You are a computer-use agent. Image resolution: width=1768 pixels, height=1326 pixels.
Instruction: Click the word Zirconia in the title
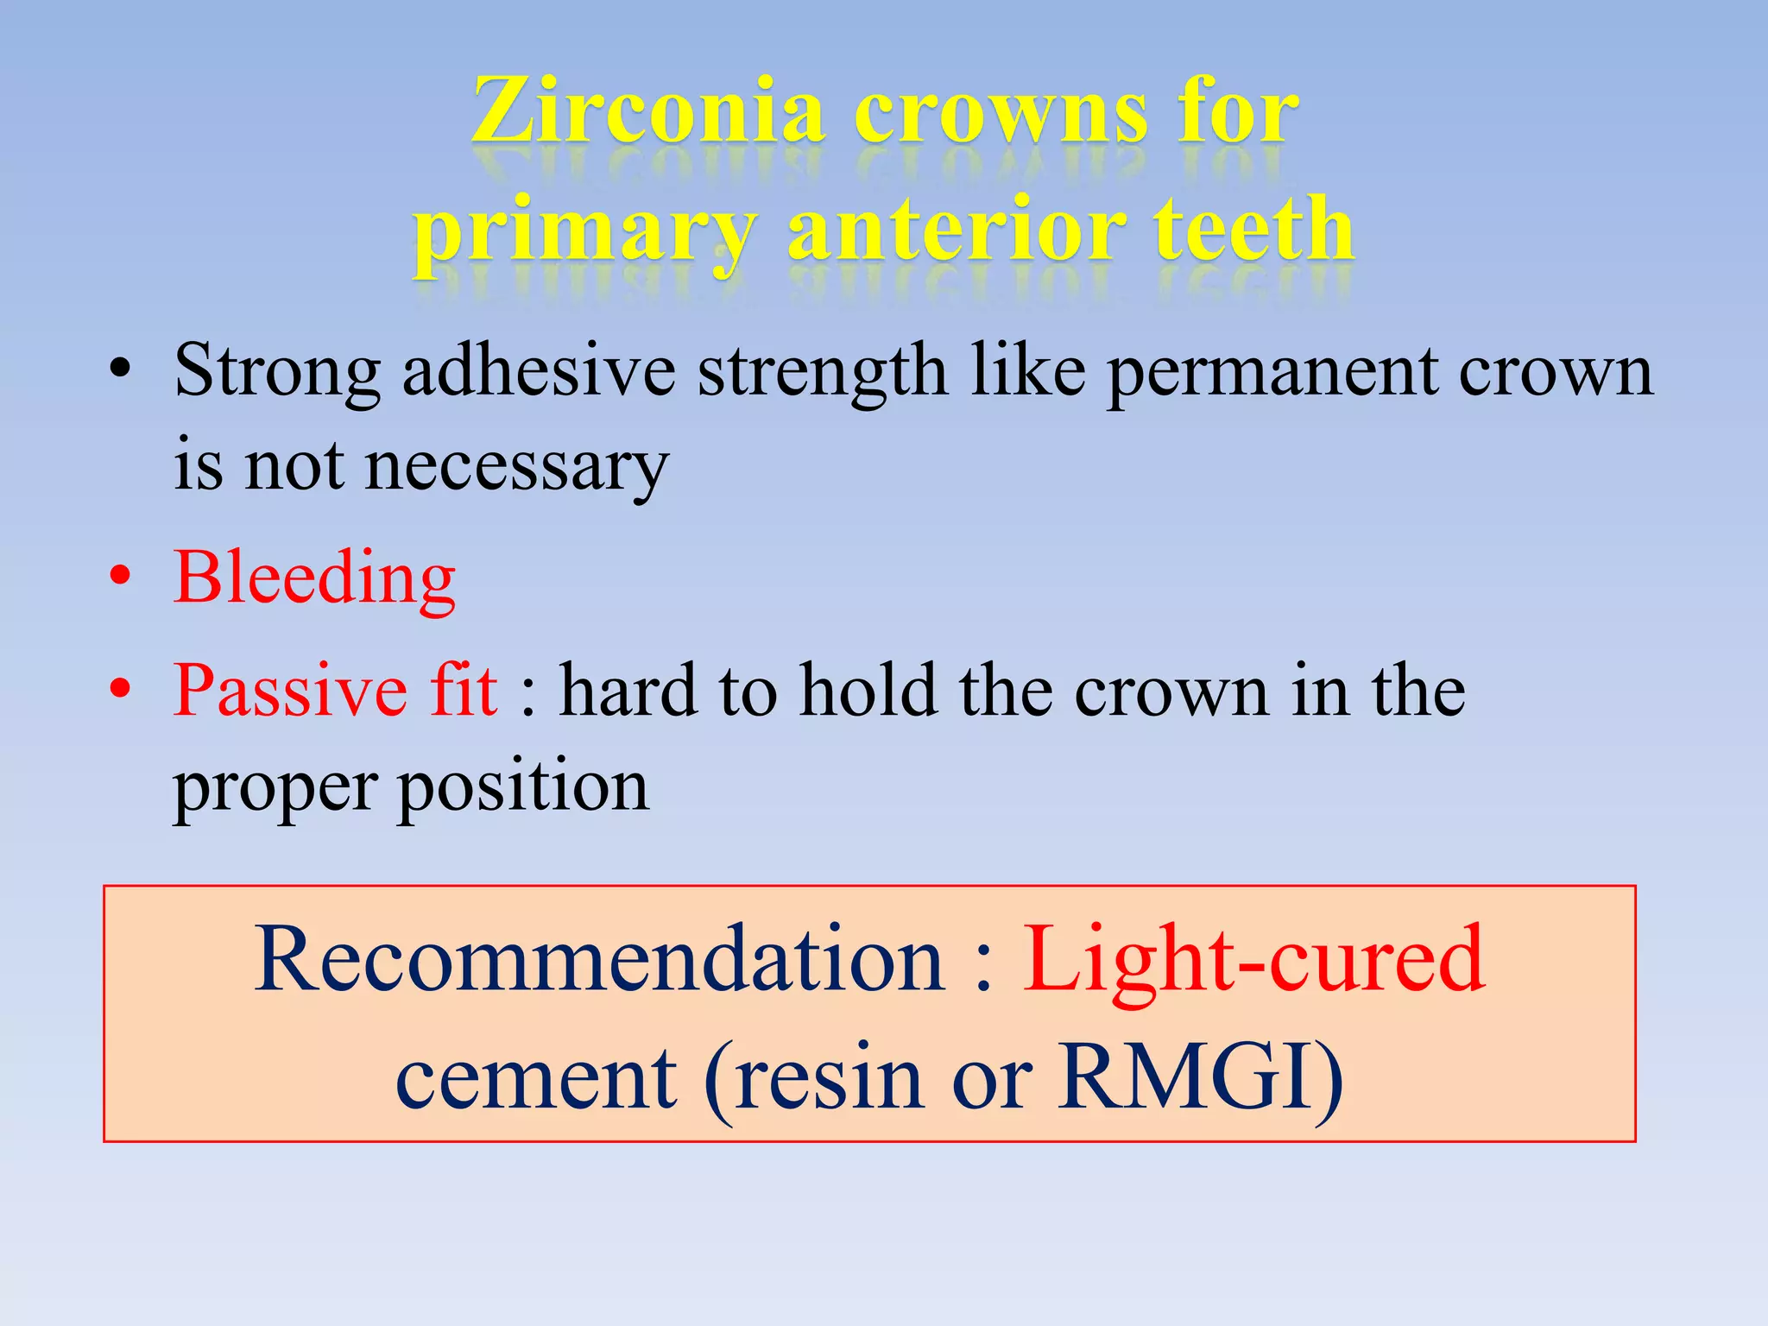(647, 112)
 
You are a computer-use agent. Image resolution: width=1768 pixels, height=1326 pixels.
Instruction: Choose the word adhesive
(539, 371)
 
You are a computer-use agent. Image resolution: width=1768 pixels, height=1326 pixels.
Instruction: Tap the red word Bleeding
(314, 578)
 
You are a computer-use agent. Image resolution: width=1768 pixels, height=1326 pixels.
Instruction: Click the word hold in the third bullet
(868, 691)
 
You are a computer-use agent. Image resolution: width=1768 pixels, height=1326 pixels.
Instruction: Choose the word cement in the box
(536, 1079)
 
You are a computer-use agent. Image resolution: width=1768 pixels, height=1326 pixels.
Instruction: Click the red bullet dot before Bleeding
(121, 576)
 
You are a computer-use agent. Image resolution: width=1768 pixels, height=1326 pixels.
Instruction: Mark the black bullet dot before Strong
(121, 371)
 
